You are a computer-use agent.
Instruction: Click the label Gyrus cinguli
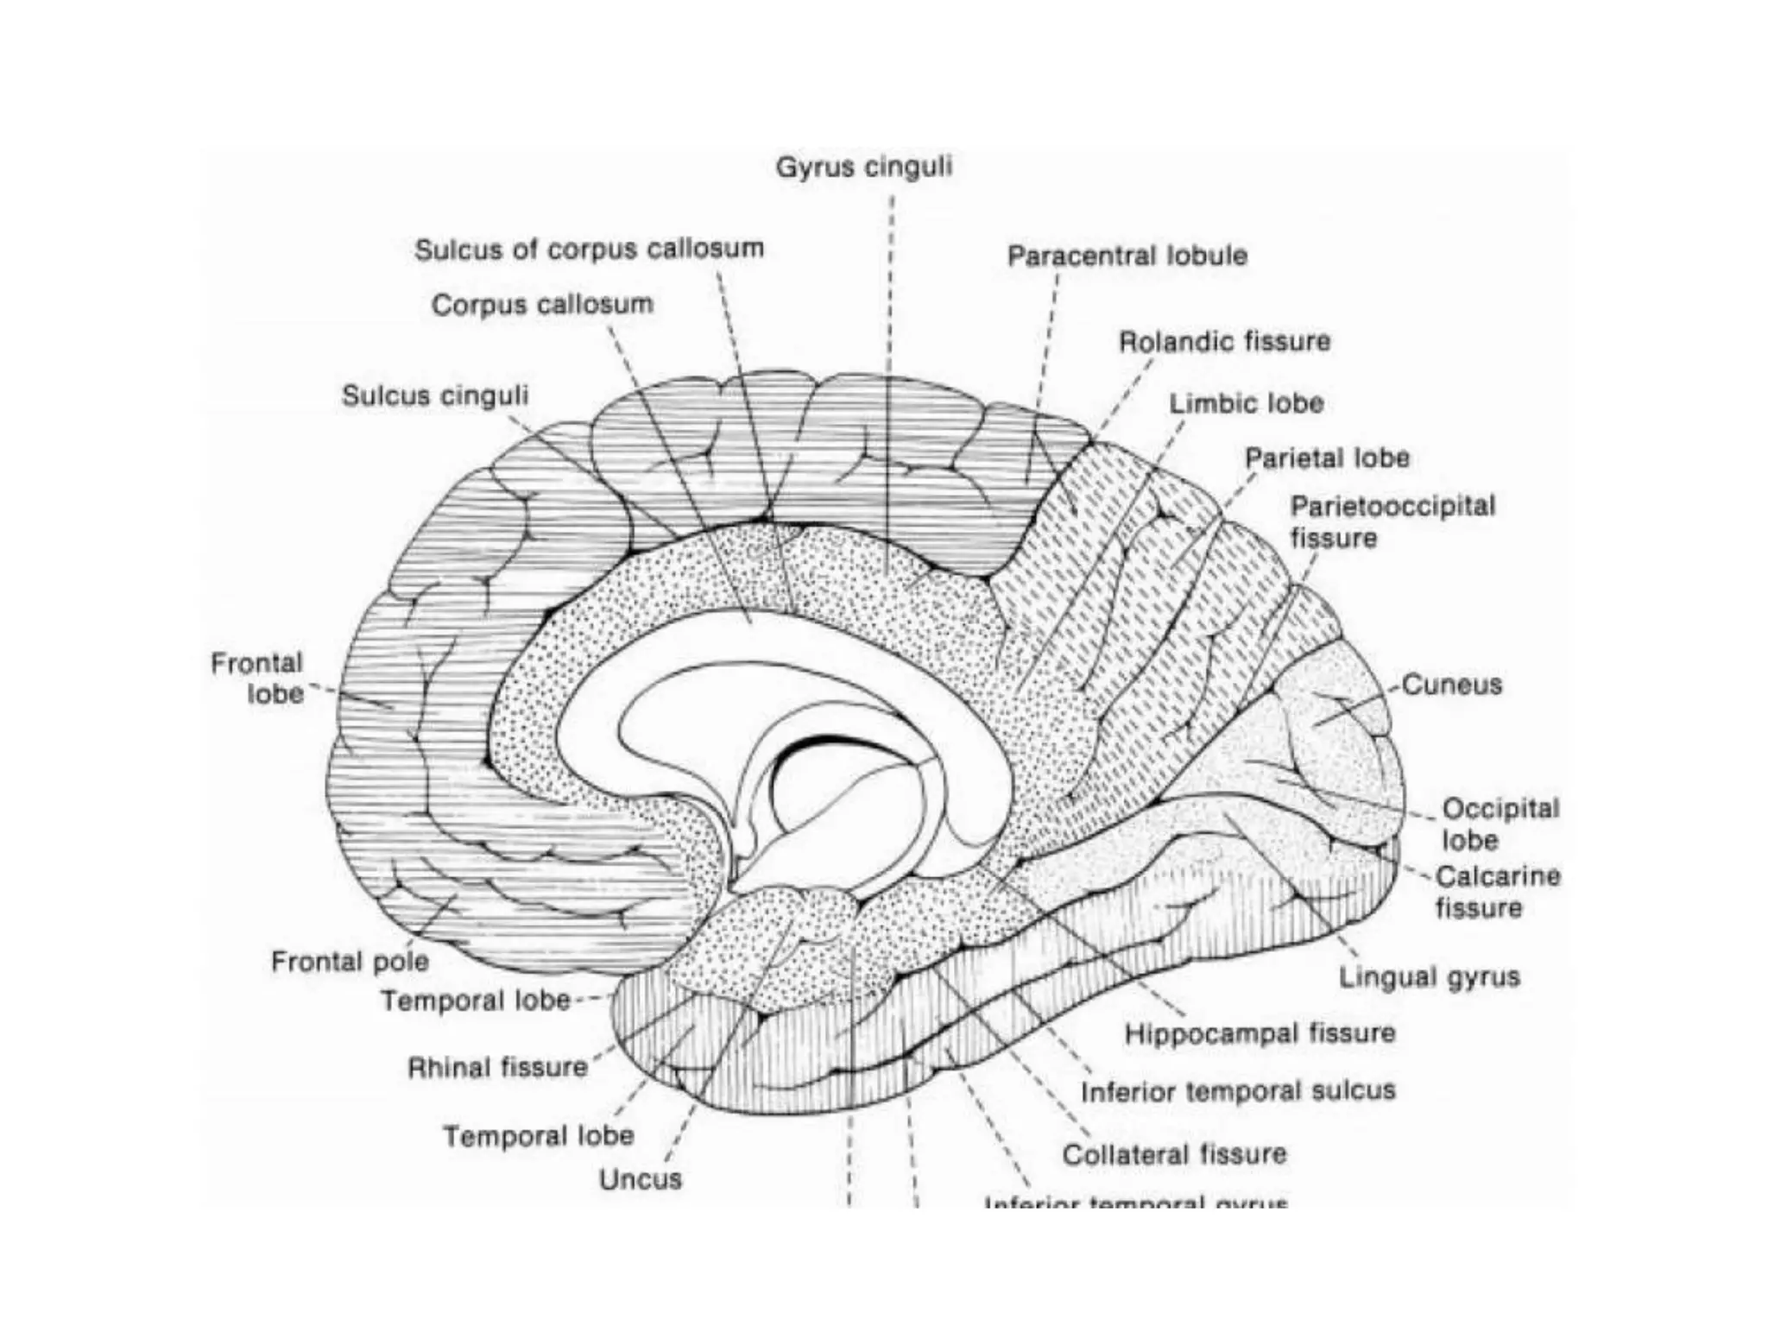pyautogui.click(x=863, y=167)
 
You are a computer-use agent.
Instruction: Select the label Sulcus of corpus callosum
pyautogui.click(x=590, y=249)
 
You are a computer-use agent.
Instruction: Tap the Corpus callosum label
pyautogui.click(x=542, y=305)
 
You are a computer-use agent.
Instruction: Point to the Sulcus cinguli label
pyautogui.click(x=435, y=395)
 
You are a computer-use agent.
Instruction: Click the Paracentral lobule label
pyautogui.click(x=1127, y=256)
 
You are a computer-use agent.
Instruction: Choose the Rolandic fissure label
pyautogui.click(x=1224, y=342)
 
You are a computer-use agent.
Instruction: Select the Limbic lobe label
pyautogui.click(x=1246, y=403)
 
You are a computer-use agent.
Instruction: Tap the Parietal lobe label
pyautogui.click(x=1327, y=458)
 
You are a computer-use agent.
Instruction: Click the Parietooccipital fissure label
pyautogui.click(x=1392, y=521)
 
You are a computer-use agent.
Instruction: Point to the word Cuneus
pyautogui.click(x=1451, y=685)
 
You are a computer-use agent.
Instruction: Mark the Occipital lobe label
pyautogui.click(x=1500, y=824)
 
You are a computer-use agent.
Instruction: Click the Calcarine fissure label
pyautogui.click(x=1497, y=892)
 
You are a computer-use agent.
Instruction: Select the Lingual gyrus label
pyautogui.click(x=1429, y=977)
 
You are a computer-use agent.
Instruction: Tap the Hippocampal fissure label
pyautogui.click(x=1260, y=1033)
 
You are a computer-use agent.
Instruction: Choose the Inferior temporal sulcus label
pyautogui.click(x=1238, y=1091)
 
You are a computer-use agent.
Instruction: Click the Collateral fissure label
pyautogui.click(x=1174, y=1154)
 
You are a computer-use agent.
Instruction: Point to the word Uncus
pyautogui.click(x=641, y=1179)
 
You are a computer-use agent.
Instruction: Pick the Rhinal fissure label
pyautogui.click(x=497, y=1068)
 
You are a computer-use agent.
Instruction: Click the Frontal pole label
pyautogui.click(x=350, y=962)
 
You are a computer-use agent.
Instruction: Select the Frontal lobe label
pyautogui.click(x=258, y=679)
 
